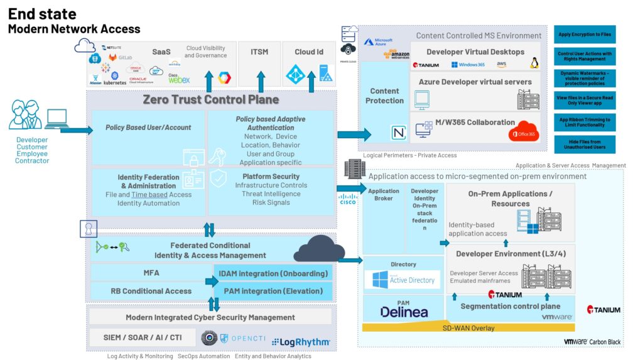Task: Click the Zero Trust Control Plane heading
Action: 210,99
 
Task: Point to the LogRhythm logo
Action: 301,341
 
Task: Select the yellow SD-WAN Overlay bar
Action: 468,328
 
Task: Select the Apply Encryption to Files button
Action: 585,35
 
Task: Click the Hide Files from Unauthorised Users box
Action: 585,144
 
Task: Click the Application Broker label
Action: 383,195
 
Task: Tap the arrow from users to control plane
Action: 73,130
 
